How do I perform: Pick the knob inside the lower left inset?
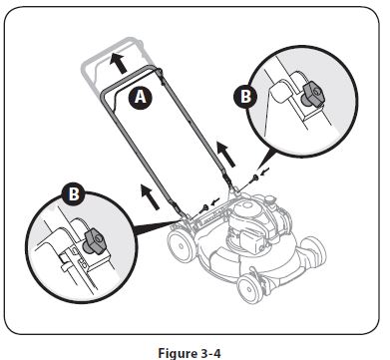click(97, 239)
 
